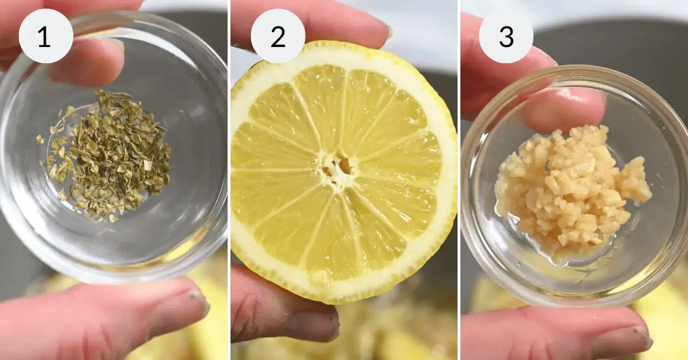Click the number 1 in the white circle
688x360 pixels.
coord(44,37)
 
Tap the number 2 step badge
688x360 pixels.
coord(278,36)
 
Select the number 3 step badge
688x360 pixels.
coord(506,36)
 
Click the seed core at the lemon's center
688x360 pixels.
coord(337,168)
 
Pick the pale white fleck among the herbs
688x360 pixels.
coord(148,166)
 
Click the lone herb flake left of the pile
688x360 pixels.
coord(40,139)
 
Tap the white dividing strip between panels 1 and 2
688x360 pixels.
coord(229,180)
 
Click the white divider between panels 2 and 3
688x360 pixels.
coord(459,180)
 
